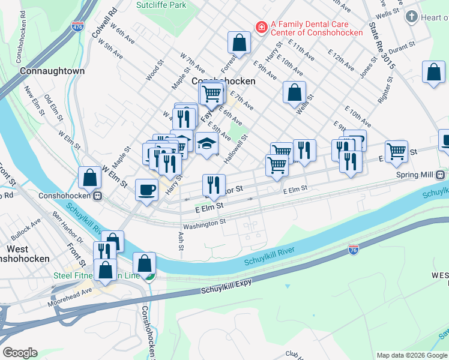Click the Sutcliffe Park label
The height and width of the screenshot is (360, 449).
[x=160, y=5]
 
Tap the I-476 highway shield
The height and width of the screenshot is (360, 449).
[x=77, y=27]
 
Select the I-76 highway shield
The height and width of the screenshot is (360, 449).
[x=354, y=250]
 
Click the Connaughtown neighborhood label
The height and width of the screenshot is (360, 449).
[x=52, y=71]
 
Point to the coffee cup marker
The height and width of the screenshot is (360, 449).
[x=147, y=191]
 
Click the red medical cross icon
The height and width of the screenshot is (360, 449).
[x=261, y=27]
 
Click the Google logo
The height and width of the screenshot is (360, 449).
[x=20, y=353]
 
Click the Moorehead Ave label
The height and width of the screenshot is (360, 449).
[x=74, y=291]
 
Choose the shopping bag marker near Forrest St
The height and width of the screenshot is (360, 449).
[x=239, y=43]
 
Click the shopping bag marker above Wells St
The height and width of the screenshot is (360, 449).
[x=295, y=94]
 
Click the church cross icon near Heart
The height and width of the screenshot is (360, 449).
[x=412, y=16]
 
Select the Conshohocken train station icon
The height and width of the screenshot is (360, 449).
[x=97, y=195]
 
